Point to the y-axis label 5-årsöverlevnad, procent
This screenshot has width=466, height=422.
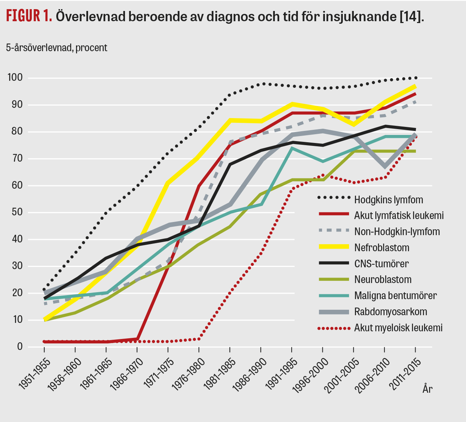(56, 48)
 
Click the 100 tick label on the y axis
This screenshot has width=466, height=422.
(15, 78)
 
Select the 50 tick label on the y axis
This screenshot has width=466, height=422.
(17, 212)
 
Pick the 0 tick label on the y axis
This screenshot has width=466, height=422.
(20, 346)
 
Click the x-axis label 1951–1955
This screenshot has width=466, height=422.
(34, 374)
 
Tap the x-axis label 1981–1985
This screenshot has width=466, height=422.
(220, 374)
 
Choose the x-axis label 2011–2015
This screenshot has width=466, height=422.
(406, 374)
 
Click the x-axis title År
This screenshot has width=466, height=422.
(427, 389)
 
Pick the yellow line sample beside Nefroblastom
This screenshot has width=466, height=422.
(334, 247)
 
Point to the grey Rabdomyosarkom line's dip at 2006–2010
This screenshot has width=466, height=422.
(385, 166)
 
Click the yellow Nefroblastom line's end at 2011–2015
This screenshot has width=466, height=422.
(415, 87)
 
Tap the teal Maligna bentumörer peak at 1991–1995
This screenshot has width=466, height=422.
(292, 148)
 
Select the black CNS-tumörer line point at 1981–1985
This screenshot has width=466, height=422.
(230, 165)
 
